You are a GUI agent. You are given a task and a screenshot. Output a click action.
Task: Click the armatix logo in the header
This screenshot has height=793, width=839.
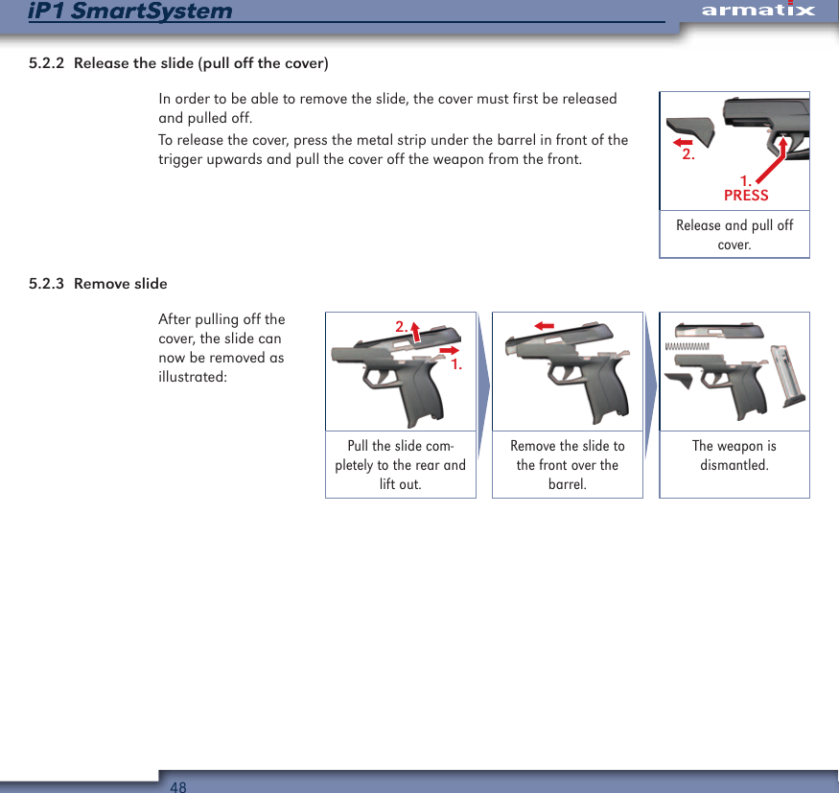(x=757, y=12)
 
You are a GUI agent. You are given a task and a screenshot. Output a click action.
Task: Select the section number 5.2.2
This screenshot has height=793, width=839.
(x=47, y=64)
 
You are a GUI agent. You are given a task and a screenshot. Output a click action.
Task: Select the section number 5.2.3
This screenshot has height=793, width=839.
(x=47, y=284)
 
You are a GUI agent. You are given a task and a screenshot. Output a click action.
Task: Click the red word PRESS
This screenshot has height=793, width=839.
(x=746, y=196)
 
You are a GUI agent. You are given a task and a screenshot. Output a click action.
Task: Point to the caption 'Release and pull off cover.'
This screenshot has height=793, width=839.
(x=734, y=235)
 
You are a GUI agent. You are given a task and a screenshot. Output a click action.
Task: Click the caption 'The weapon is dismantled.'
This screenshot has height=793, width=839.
(x=734, y=455)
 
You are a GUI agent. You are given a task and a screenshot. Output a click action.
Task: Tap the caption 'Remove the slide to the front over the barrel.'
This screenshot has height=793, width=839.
(x=568, y=465)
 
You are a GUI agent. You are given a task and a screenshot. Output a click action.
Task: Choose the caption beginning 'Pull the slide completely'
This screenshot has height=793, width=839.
(x=401, y=465)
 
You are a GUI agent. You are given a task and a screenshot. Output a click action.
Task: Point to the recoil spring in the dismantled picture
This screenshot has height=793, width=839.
(x=687, y=345)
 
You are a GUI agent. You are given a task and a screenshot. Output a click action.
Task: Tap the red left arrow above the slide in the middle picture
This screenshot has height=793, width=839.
(x=545, y=326)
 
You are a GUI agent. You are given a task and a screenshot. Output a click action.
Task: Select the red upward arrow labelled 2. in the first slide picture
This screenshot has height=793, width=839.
(x=416, y=331)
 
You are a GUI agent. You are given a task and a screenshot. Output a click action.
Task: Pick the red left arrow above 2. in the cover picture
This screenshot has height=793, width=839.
(x=683, y=142)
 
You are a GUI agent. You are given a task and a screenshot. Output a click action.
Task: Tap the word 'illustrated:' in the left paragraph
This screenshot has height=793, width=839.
(x=193, y=377)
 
